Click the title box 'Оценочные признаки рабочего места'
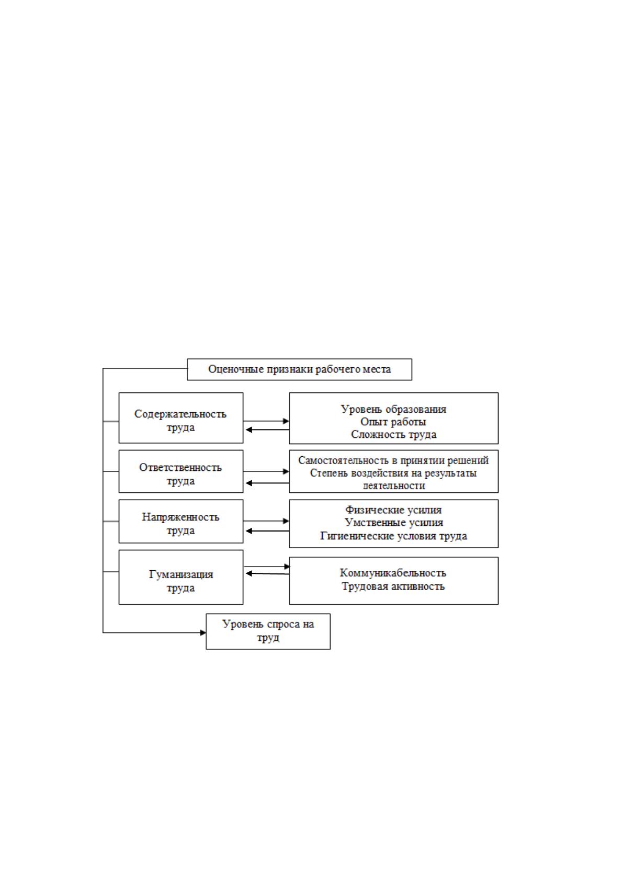299,369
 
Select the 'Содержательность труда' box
181,417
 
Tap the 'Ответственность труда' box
181,471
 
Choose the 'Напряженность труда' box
181,521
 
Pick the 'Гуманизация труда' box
181,577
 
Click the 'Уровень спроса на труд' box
268,631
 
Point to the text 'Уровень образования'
394,409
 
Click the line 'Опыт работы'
393,422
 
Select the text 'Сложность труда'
394,435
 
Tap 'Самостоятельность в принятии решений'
394,460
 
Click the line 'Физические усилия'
394,510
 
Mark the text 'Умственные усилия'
394,523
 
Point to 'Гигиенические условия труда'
394,536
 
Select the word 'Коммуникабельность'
393,573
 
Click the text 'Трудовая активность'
393,586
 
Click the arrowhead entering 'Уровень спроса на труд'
203,632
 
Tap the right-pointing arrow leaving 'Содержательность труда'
266,421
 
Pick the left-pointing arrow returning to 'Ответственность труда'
267,482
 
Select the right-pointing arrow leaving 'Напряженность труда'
266,521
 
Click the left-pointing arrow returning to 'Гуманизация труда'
267,574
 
